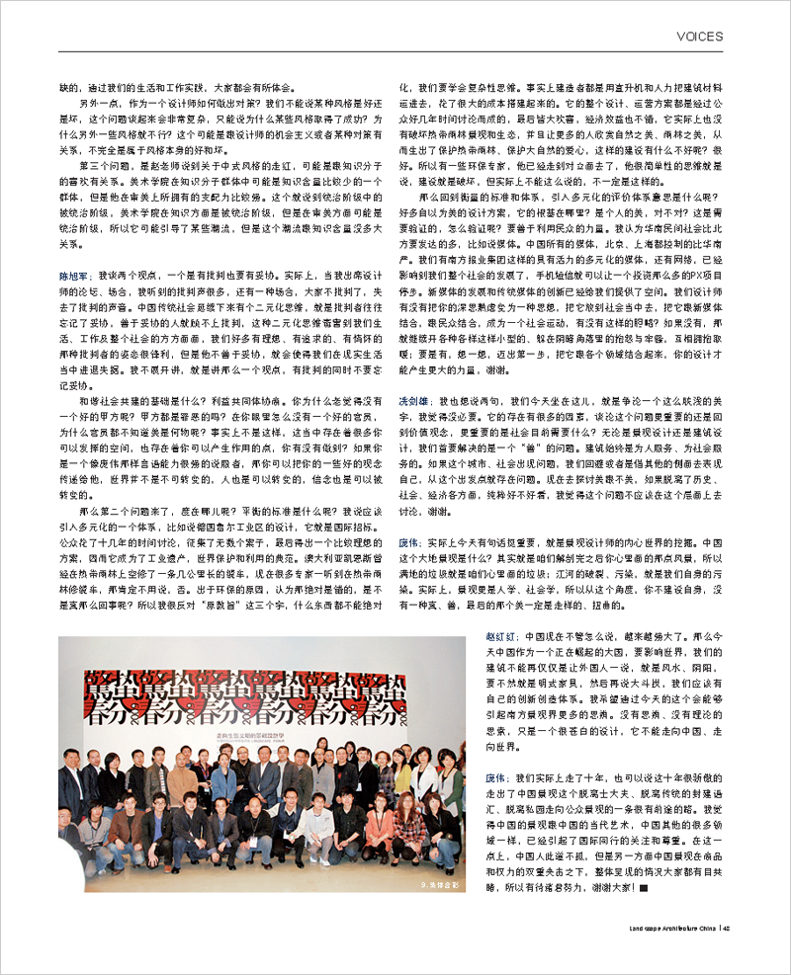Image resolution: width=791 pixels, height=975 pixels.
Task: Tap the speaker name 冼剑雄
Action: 412,404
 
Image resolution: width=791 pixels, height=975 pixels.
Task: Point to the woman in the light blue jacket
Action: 224,780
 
